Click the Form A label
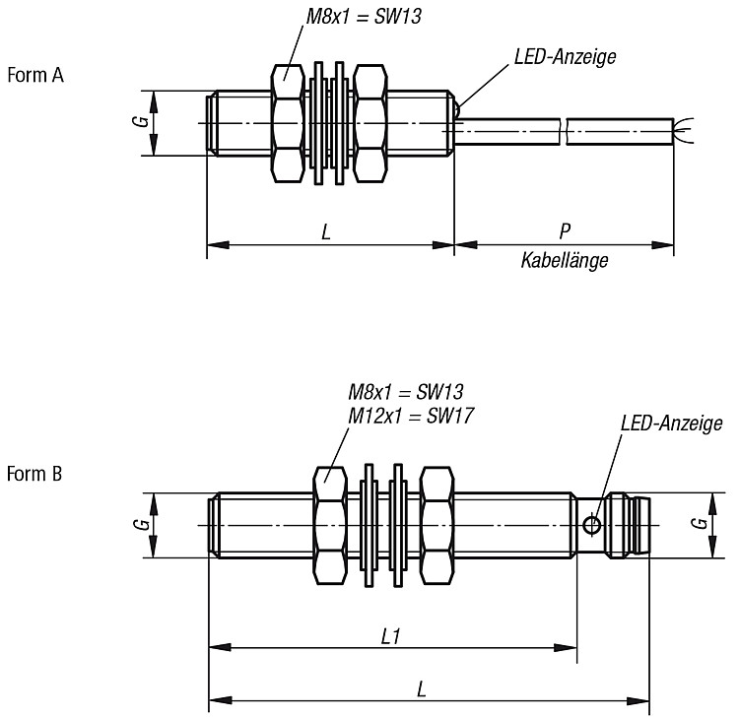(35, 75)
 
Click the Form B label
(34, 474)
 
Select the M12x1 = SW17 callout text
(411, 416)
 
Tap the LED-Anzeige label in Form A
(566, 57)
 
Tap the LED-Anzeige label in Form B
(671, 424)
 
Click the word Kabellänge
(565, 260)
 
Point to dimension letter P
(565, 230)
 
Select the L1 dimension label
(391, 637)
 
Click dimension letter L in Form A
(326, 231)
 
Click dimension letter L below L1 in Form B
(422, 689)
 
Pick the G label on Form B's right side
(702, 523)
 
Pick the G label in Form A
(141, 120)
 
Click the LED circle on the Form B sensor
(591, 525)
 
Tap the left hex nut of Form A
(288, 123)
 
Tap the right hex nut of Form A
(370, 123)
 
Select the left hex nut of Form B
(330, 525)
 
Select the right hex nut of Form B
(437, 525)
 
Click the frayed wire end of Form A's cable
(684, 130)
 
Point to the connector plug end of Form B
(628, 525)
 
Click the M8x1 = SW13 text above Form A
(364, 17)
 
